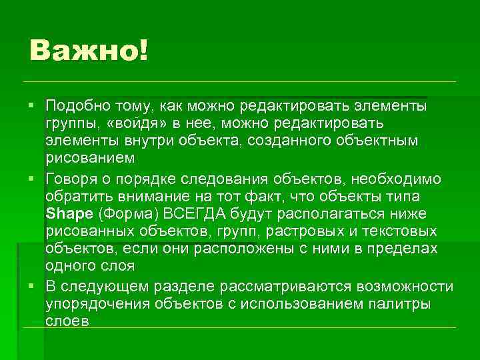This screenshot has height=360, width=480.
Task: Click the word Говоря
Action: coord(71,177)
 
